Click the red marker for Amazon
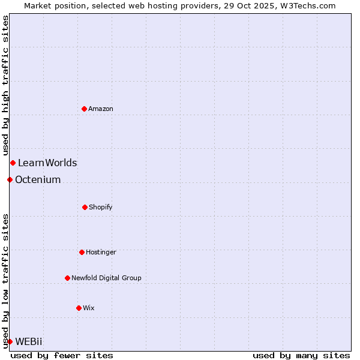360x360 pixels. [85, 109]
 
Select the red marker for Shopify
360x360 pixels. [85, 207]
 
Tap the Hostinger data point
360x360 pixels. [82, 252]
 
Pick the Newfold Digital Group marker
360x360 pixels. [67, 278]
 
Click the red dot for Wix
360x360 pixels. [79, 308]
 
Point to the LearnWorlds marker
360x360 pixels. [13, 163]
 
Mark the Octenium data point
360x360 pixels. [10, 179]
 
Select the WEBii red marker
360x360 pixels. [10, 341]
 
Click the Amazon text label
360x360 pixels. [101, 109]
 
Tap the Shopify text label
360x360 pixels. [101, 208]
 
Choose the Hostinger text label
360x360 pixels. [101, 253]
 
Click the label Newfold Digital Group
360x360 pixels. [106, 278]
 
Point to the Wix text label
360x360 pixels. [89, 308]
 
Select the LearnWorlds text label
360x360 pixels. [47, 163]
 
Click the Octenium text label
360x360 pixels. [38, 179]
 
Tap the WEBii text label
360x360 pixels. [29, 341]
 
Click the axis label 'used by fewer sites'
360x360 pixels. [62, 355]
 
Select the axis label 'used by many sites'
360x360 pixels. [301, 355]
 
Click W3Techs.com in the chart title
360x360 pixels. [307, 5]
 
